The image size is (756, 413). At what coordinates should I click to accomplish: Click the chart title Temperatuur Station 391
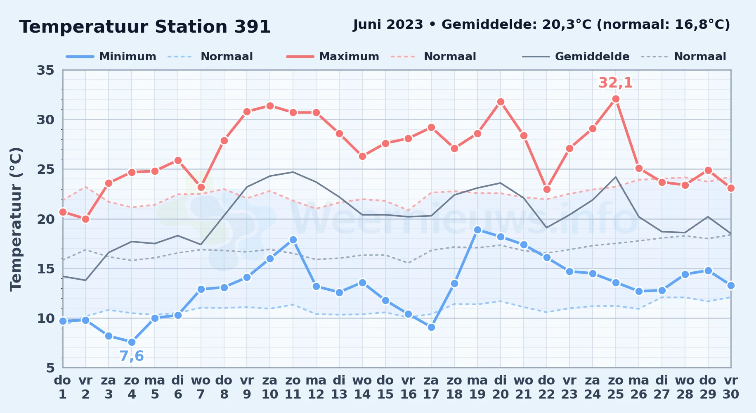tap(145, 27)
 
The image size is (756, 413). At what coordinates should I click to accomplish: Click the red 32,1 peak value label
tap(615, 83)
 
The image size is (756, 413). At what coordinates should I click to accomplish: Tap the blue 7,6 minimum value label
tap(132, 356)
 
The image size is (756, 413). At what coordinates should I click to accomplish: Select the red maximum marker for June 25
tap(616, 99)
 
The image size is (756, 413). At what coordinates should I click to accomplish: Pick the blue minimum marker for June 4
tap(132, 342)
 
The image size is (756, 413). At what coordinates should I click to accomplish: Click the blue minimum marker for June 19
tap(477, 230)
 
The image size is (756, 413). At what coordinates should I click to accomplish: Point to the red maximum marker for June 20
tap(501, 102)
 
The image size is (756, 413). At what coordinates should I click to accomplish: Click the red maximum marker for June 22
tap(547, 189)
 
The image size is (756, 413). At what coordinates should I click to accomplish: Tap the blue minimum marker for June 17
tap(431, 328)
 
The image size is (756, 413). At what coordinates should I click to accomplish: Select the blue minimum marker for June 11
tap(293, 240)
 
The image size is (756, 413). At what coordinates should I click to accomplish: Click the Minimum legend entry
tap(111, 57)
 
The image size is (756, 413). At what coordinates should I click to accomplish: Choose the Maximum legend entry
tap(333, 57)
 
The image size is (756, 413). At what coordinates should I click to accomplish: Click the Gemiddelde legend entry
tap(576, 57)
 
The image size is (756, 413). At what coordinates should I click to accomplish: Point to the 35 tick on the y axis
tap(45, 70)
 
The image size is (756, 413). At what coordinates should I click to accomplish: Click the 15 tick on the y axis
tap(45, 269)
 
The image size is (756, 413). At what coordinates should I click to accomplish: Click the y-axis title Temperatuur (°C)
tap(16, 219)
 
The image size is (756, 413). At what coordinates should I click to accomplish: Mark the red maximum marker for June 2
tap(85, 219)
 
